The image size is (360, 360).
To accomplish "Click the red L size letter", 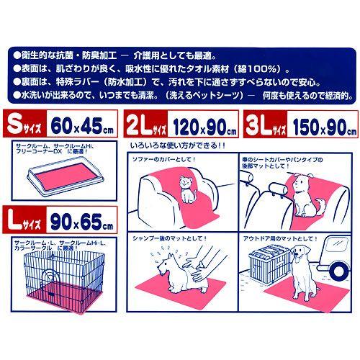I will (x=14, y=215).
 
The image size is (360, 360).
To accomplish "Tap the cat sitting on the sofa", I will (x=189, y=190).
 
